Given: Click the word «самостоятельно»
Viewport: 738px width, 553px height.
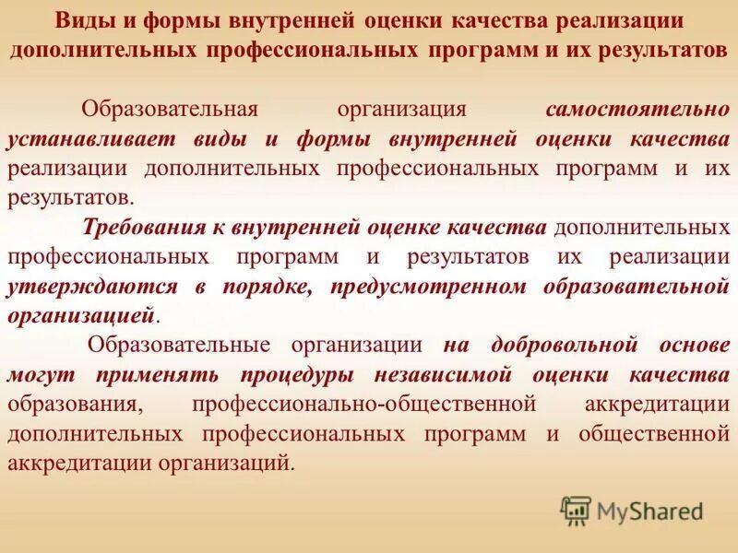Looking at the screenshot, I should [x=637, y=111].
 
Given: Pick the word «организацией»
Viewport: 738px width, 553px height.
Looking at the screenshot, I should [x=80, y=315].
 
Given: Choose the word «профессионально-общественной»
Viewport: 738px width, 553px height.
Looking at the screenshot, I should [x=364, y=404].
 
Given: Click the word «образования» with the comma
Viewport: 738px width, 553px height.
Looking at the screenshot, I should [x=76, y=404].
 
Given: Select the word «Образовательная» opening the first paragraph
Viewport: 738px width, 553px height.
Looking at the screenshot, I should [x=168, y=111].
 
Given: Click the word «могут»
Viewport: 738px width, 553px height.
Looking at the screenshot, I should [x=36, y=374].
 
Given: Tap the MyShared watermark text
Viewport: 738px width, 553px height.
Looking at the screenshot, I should [x=649, y=510].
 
